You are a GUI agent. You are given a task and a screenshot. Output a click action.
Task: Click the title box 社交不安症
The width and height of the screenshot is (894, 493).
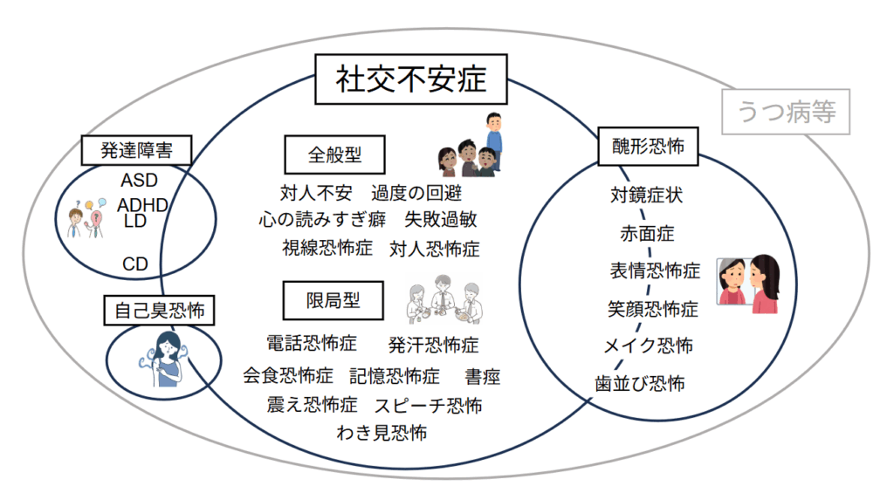coord(410,79)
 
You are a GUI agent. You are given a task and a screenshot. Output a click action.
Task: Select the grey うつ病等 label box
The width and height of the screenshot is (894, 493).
coord(786,113)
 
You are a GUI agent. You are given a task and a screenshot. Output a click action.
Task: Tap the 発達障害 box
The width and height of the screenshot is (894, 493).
coord(136,150)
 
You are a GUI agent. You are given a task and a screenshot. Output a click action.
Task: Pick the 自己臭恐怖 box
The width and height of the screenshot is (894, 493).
coord(160,308)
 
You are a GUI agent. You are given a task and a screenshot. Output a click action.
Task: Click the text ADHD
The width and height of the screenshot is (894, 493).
coord(142,205)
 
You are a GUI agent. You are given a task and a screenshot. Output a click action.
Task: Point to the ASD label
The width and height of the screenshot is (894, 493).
coord(139,181)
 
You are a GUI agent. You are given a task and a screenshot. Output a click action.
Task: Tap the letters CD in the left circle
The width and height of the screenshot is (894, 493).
coord(134,264)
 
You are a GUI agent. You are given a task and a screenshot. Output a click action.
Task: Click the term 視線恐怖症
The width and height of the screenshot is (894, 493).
coord(327,249)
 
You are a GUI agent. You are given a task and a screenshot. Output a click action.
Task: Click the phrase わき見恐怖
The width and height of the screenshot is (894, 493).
coord(382,432)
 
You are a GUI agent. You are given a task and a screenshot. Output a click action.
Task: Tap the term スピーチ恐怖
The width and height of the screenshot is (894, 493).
coord(428,405)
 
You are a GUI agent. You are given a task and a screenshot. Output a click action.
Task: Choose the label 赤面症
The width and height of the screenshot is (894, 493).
coord(647,233)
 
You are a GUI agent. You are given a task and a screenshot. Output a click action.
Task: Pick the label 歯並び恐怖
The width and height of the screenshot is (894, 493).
coord(640,383)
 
